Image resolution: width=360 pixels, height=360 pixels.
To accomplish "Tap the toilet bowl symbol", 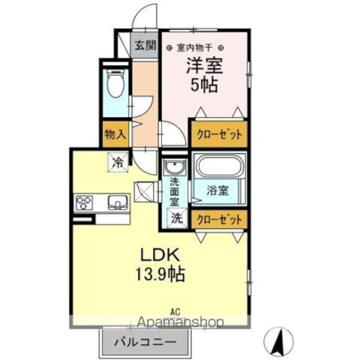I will click(x=116, y=85).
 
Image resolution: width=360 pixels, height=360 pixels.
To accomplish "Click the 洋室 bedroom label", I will click(x=205, y=67).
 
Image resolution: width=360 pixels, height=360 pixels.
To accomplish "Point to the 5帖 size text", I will click(x=205, y=86).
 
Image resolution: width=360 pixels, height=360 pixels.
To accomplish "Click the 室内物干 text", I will click(x=194, y=48).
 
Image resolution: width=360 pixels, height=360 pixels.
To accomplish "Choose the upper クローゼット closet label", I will click(x=219, y=135).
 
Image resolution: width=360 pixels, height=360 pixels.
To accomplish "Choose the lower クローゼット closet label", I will click(x=219, y=219).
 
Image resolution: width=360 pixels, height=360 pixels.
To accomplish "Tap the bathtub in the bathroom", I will click(x=219, y=167).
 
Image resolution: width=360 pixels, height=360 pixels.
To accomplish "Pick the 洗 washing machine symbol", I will click(x=177, y=217).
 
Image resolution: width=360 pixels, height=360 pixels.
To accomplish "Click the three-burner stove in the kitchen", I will click(x=84, y=202).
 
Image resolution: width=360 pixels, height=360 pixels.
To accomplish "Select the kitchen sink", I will click(x=118, y=202).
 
